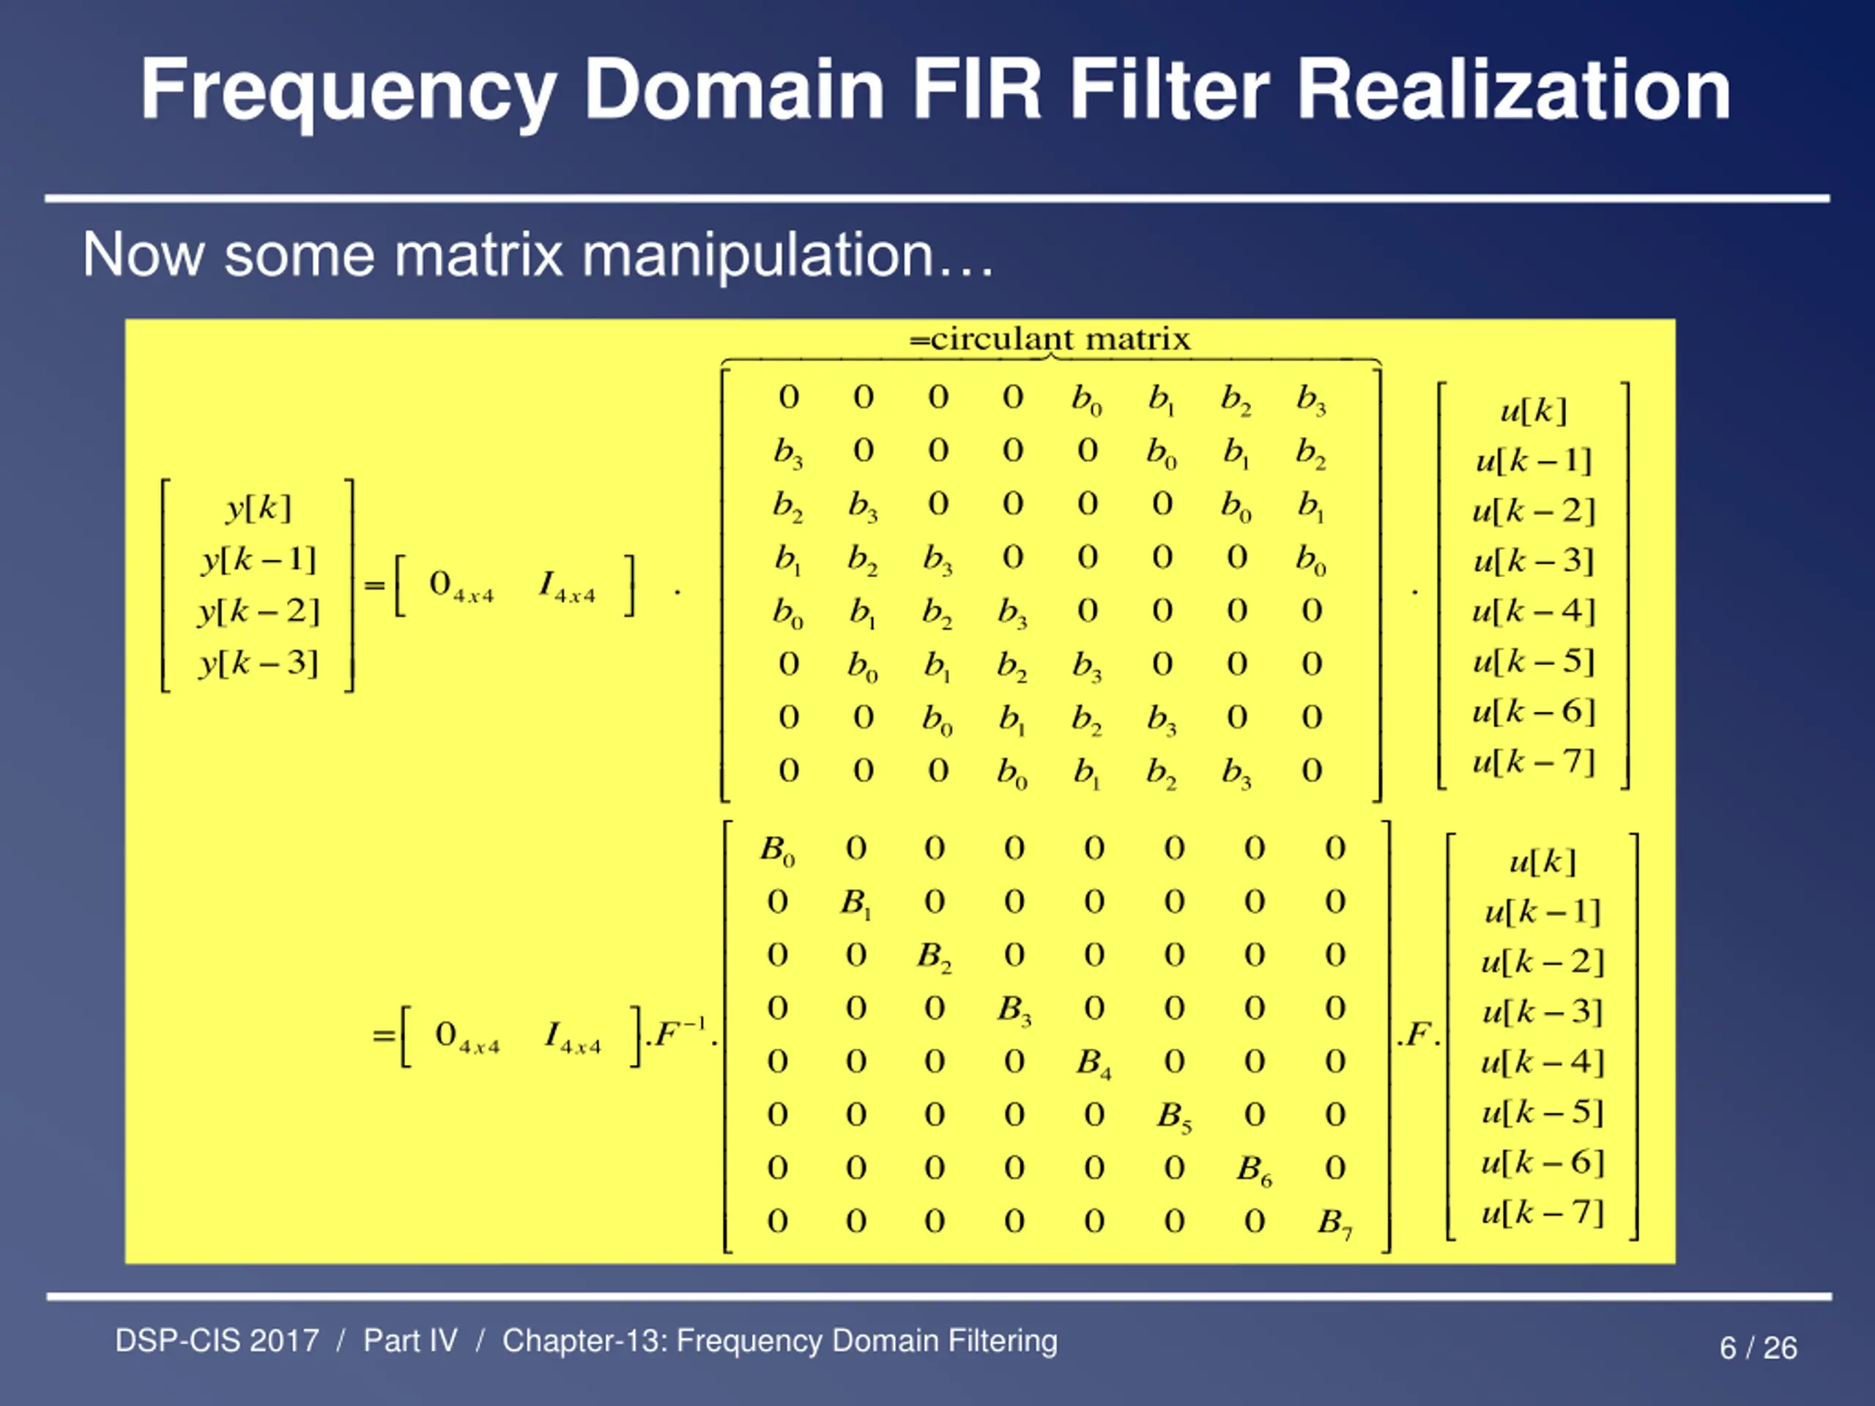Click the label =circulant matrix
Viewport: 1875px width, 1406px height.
point(1050,339)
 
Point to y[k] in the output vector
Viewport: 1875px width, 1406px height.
point(259,507)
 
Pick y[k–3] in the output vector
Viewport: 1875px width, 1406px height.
point(259,662)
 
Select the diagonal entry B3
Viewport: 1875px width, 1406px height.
point(1014,1009)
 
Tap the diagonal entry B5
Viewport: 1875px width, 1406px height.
point(1174,1116)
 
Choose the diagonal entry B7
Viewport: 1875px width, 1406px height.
point(1334,1223)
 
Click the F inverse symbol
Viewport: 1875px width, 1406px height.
point(680,1033)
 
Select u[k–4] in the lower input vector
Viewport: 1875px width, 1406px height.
point(1542,1061)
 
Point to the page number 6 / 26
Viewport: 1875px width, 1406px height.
point(1758,1347)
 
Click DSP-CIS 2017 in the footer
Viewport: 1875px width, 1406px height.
point(217,1341)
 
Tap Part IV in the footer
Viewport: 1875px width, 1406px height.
point(410,1341)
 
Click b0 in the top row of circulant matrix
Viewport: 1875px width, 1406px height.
point(1086,398)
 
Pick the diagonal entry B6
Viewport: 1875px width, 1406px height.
point(1254,1169)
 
